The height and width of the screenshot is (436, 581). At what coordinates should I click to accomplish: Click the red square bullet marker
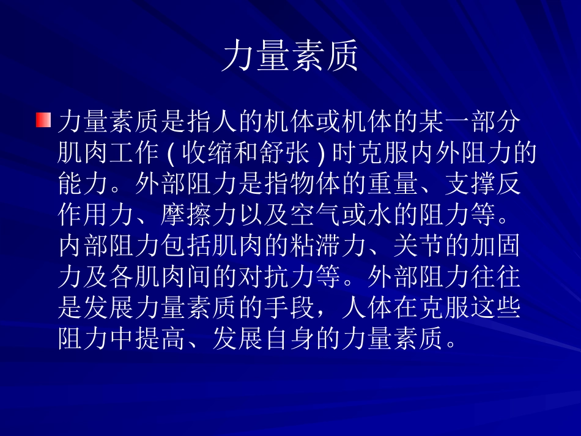[x=43, y=120]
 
